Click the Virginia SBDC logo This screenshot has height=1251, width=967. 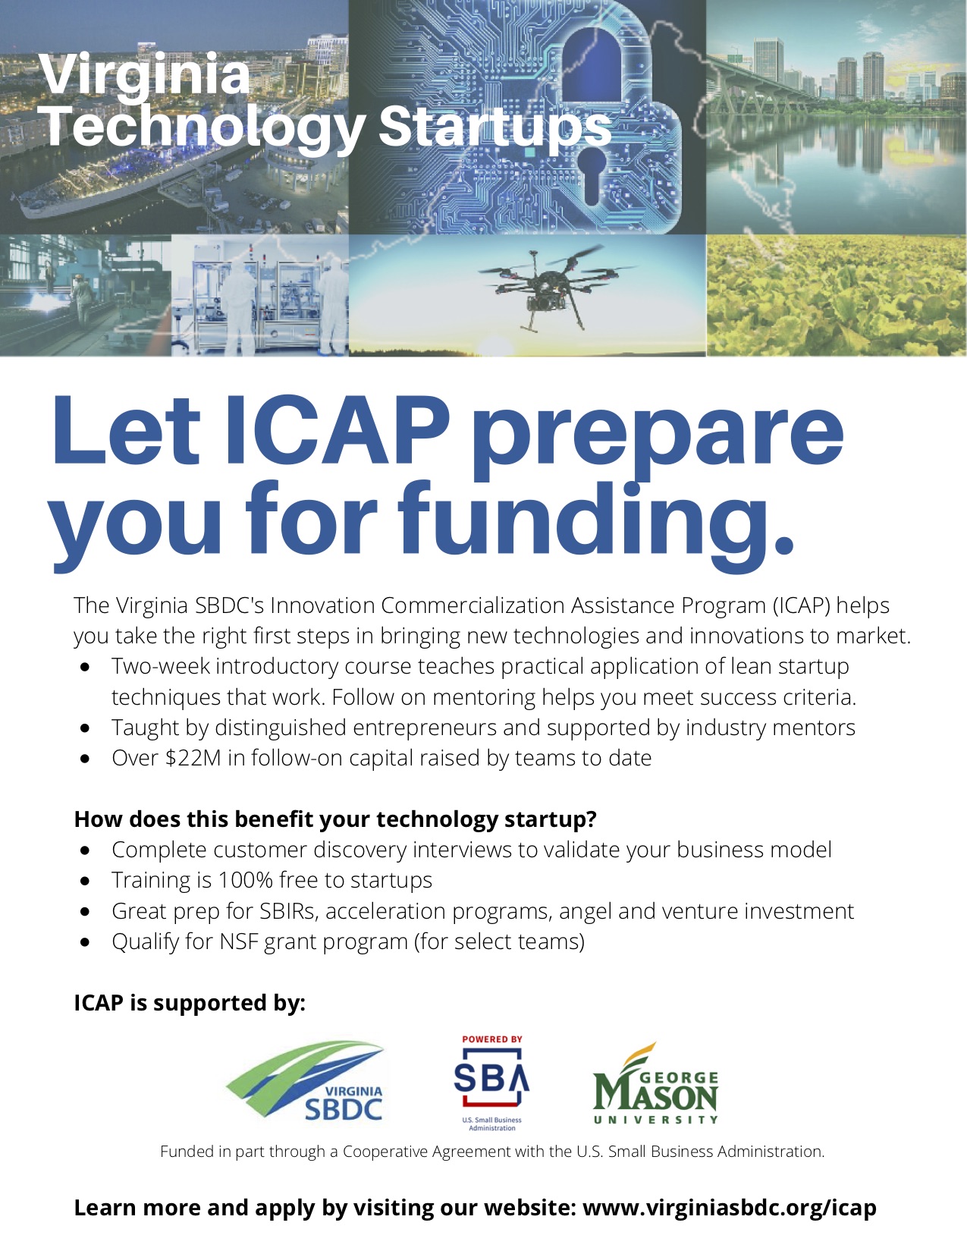[x=306, y=1083]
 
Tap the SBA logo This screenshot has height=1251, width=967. [x=491, y=1083]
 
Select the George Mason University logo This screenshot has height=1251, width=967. [x=656, y=1083]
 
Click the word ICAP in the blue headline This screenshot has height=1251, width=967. [x=337, y=430]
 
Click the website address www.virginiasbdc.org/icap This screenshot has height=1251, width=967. [x=730, y=1208]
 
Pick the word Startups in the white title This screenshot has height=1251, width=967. [x=494, y=127]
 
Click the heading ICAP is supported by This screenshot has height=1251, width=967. [x=190, y=1004]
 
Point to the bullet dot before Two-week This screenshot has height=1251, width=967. [x=86, y=667]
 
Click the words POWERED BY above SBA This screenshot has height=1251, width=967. [x=491, y=1039]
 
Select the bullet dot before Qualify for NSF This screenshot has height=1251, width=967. [x=86, y=942]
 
